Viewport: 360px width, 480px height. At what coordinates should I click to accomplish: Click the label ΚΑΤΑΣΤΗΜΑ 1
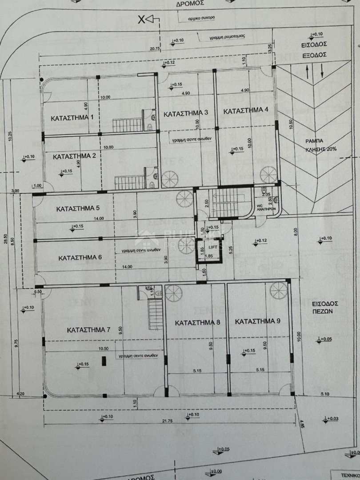point(72,118)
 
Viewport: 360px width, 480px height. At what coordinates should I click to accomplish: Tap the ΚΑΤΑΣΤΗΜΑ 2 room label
point(75,156)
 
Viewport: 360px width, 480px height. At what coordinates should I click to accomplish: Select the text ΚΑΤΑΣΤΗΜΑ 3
point(186,114)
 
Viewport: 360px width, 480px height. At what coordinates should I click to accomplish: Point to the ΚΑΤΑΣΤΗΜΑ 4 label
point(246,111)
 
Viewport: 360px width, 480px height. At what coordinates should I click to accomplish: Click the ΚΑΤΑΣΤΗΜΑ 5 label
point(78,208)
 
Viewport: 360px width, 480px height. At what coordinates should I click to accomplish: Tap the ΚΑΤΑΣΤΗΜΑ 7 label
point(88,330)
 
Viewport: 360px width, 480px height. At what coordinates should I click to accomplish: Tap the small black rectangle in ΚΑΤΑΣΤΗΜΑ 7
point(104,361)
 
